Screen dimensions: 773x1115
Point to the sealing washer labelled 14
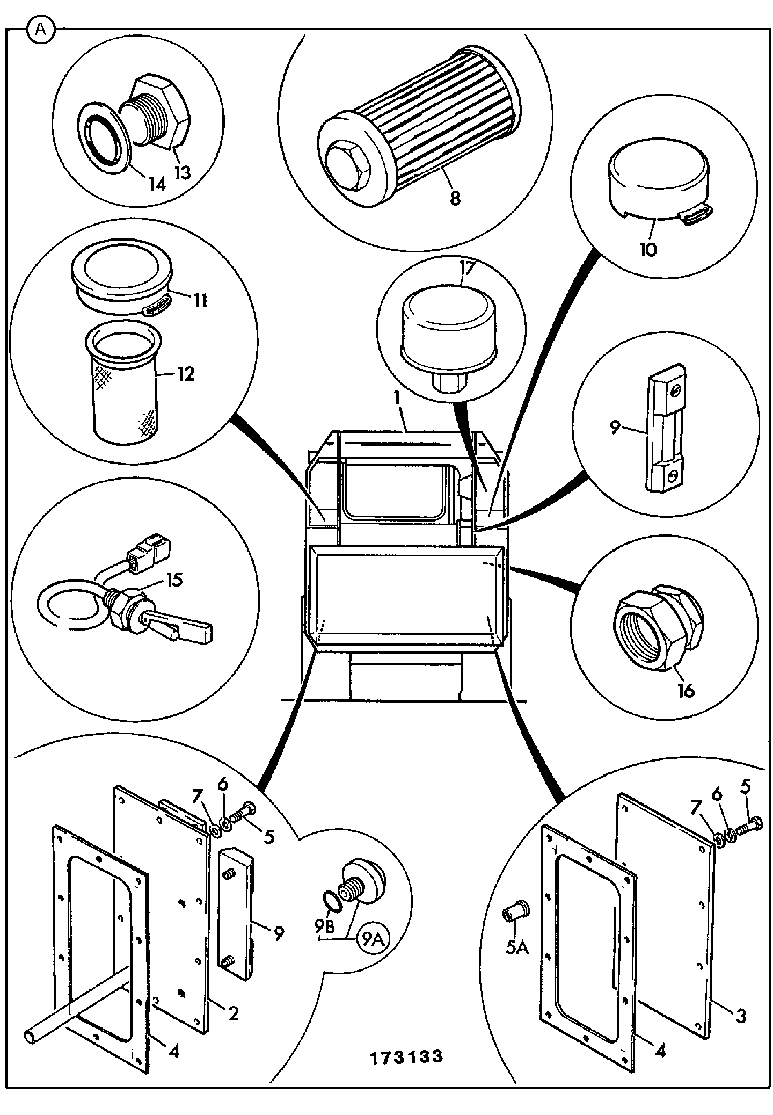[104, 138]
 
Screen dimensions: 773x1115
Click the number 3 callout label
[741, 1016]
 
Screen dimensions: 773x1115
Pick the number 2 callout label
[233, 1013]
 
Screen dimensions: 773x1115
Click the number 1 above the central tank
[397, 399]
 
